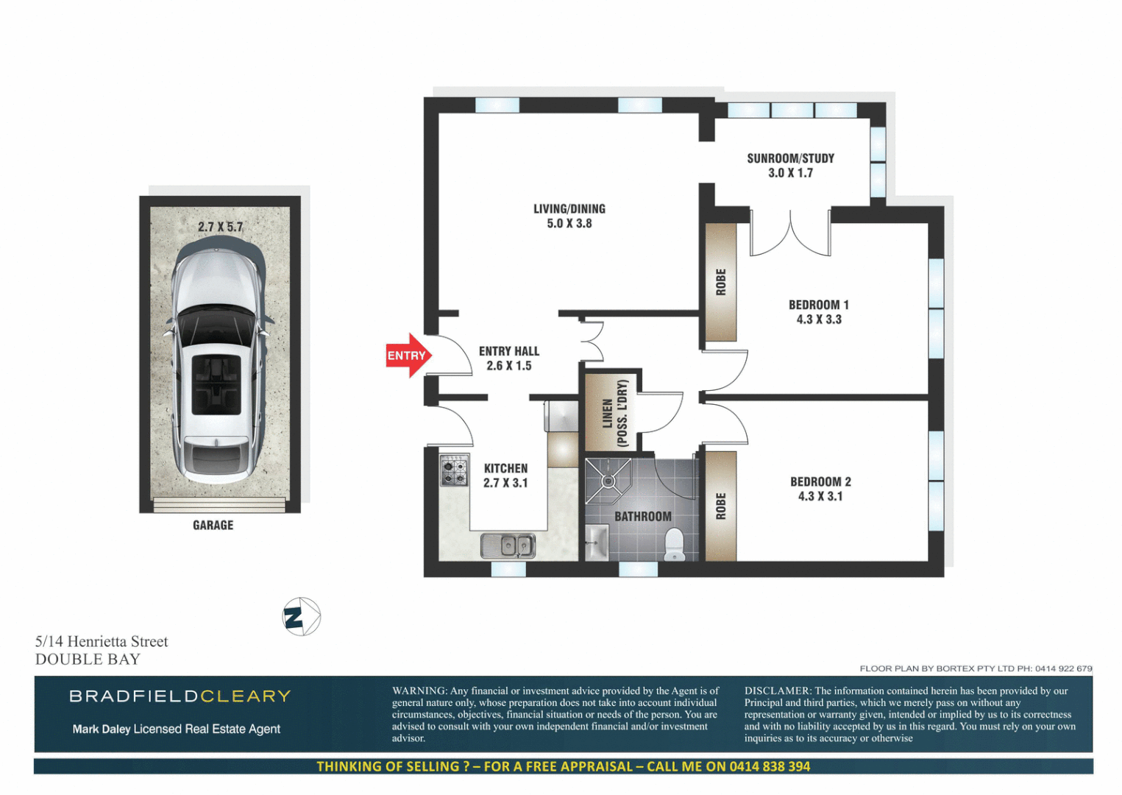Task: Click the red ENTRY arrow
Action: pos(408,356)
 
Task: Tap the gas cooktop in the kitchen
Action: pos(454,470)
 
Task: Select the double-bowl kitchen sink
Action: pos(508,545)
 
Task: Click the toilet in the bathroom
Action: pos(674,545)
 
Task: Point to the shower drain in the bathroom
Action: pos(608,481)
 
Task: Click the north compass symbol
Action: pos(302,617)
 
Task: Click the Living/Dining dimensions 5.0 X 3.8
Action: pos(569,224)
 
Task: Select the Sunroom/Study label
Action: pos(790,158)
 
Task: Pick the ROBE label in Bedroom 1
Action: pos(721,282)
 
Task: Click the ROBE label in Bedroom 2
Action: pos(721,506)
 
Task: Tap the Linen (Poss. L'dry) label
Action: pos(614,414)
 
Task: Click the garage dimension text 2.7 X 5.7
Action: pos(220,227)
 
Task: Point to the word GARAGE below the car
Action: pos(213,526)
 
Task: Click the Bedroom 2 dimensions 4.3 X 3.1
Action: pos(820,497)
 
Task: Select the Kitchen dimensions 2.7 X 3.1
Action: pos(505,484)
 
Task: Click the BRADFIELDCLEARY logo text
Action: pos(180,696)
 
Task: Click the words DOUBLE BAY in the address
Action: pos(88,660)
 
